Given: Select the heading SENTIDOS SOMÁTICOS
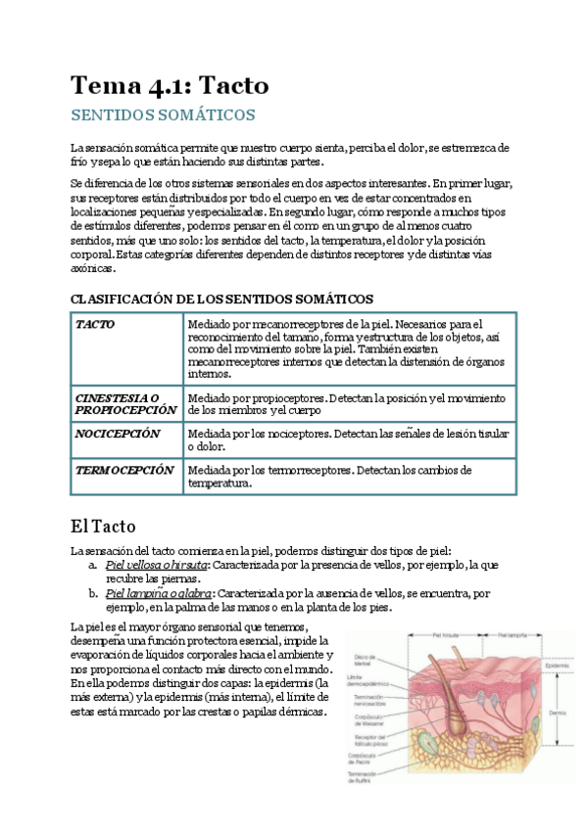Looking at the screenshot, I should click(163, 115).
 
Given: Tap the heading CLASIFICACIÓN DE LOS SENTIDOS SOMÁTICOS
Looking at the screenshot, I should click(221, 298).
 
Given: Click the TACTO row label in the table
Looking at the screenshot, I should click(95, 324).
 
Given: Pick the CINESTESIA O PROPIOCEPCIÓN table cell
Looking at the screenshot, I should click(126, 404).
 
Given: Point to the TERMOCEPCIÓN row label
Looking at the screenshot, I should click(124, 471).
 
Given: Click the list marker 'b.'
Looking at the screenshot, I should click(92, 594).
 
